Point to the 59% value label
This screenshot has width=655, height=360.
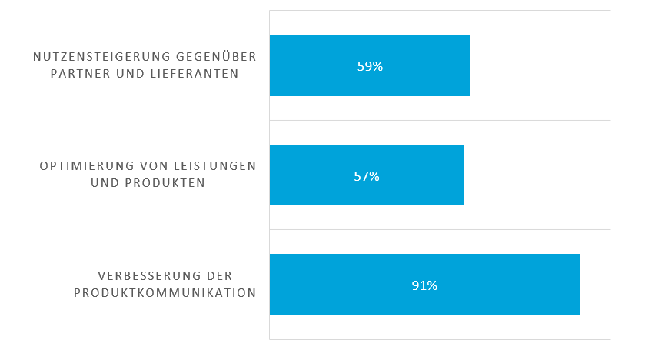point(370,66)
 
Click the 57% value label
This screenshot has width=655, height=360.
point(367,176)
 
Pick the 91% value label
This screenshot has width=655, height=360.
point(424,285)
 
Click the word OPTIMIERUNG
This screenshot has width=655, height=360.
point(85,166)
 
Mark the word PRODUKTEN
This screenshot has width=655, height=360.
point(163,183)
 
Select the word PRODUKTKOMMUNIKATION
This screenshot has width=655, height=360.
point(165,293)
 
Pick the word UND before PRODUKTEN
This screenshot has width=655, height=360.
point(105,183)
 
